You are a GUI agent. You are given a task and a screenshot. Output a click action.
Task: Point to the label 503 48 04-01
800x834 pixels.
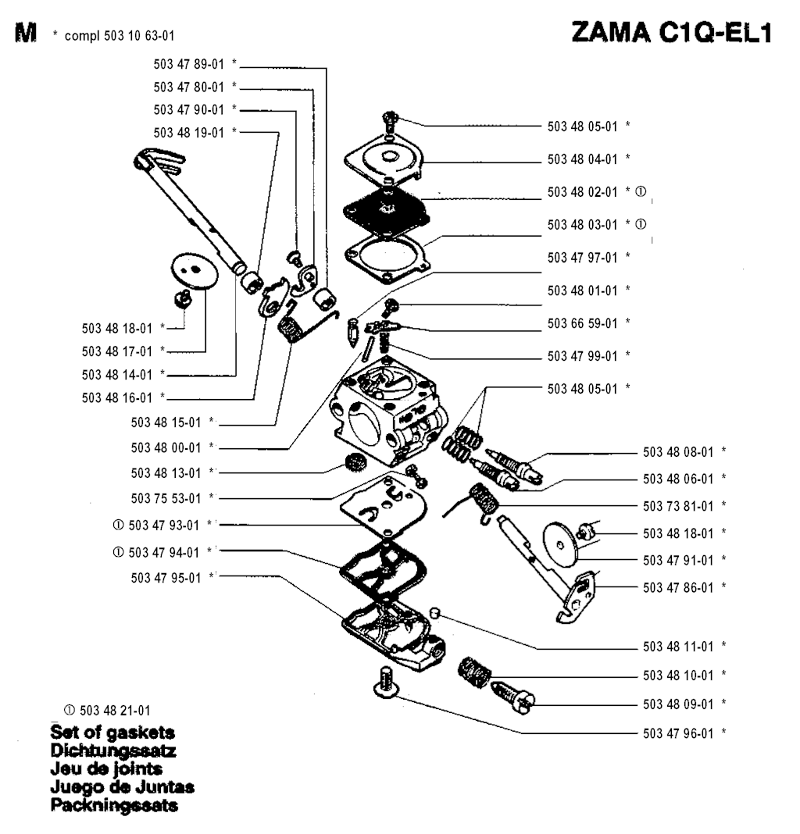[x=582, y=159]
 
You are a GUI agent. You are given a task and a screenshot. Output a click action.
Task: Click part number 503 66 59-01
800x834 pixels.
[x=582, y=323]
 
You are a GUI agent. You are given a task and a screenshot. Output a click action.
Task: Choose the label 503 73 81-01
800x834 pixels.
[x=677, y=505]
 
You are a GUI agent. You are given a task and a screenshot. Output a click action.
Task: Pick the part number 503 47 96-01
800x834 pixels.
[x=677, y=732]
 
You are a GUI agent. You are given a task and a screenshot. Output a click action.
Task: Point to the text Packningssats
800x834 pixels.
[x=114, y=805]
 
